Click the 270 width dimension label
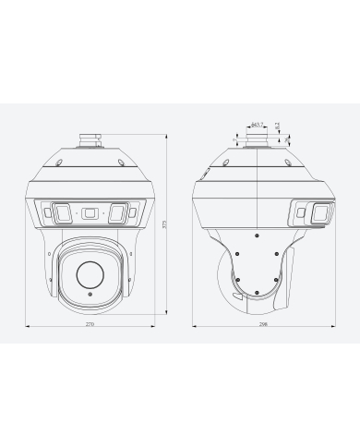point(90,326)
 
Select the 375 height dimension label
point(164,225)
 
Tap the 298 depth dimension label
point(264,326)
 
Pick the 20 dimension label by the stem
point(287,139)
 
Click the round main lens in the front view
point(90,272)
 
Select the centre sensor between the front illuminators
point(90,213)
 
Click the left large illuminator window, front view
point(61,213)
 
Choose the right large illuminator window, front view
point(118,213)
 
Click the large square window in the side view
point(318,214)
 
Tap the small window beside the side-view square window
point(300,214)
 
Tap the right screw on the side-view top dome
point(289,163)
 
